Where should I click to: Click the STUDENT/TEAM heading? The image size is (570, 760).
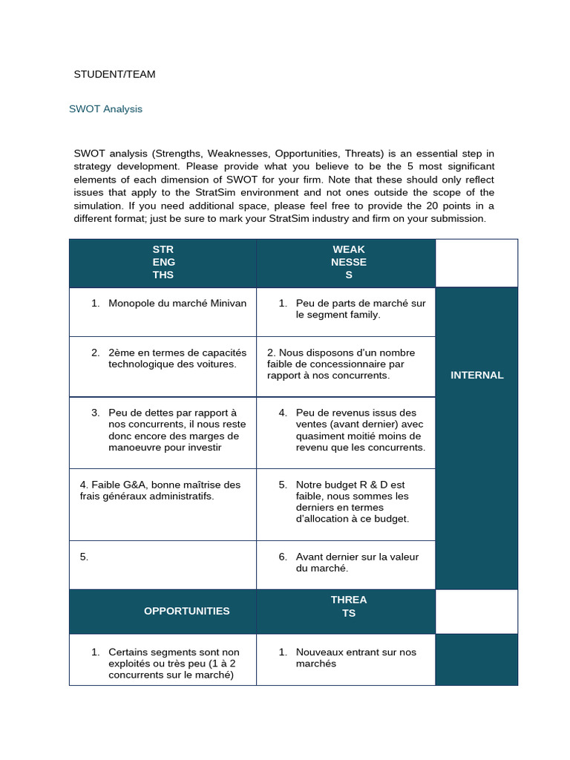point(114,74)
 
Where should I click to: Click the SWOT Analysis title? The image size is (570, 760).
point(105,109)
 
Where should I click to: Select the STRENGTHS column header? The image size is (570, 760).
point(163,262)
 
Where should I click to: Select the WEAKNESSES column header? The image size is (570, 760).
point(348,262)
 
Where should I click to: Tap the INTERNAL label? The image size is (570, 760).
point(476,375)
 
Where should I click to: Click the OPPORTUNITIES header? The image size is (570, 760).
point(186,611)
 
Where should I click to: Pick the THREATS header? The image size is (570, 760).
point(348,606)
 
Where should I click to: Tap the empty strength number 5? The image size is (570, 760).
point(84,557)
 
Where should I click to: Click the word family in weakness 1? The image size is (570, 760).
point(364,315)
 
